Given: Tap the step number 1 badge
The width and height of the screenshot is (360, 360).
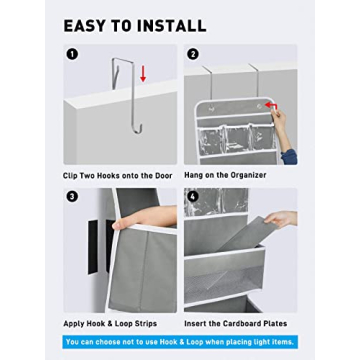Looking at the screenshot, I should pyautogui.click(x=71, y=54).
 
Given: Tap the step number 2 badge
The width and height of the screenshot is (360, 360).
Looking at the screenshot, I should pyautogui.click(x=193, y=54).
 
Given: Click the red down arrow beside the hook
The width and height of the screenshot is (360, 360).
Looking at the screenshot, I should pyautogui.click(x=143, y=73).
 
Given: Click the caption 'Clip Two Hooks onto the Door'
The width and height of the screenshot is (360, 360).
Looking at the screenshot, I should pyautogui.click(x=117, y=175).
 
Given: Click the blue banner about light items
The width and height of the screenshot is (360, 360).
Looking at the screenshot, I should pyautogui.click(x=180, y=341).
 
